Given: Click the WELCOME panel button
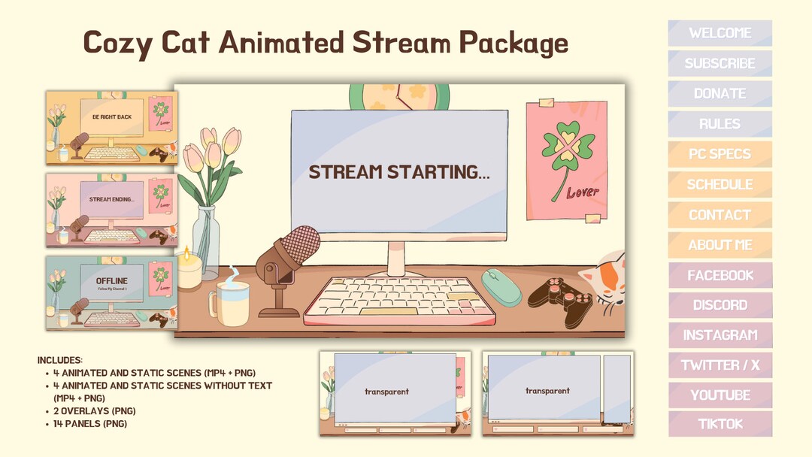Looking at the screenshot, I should [x=720, y=33].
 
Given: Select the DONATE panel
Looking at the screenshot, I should [x=720, y=94].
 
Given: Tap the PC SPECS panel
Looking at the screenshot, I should [x=720, y=154].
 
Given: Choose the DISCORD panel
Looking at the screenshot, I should [x=720, y=305].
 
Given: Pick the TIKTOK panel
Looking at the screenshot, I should [x=720, y=424].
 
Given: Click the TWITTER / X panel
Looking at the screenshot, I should [x=720, y=365].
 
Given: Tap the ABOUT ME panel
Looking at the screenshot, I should [x=720, y=245].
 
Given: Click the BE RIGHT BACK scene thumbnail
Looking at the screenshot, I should [x=111, y=127].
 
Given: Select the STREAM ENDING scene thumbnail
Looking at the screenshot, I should [x=111, y=209].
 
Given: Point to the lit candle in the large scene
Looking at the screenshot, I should [x=188, y=269].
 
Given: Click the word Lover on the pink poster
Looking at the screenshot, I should [x=583, y=192].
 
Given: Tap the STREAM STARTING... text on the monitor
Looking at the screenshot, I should [x=399, y=172].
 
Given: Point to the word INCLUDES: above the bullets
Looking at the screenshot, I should [x=60, y=360].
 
